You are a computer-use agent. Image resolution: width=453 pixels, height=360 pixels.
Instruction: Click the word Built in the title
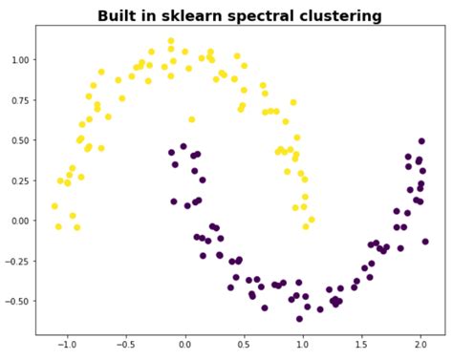[119, 16]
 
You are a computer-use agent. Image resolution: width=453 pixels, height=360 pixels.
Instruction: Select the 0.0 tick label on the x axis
[185, 347]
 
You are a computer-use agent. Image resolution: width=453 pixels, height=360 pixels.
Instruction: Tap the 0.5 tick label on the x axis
[244, 347]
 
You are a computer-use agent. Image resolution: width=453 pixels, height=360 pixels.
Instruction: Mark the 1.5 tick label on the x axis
[362, 347]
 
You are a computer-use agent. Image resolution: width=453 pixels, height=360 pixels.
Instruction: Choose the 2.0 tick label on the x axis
[421, 347]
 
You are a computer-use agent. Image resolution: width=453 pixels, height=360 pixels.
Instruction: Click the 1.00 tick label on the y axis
[18, 59]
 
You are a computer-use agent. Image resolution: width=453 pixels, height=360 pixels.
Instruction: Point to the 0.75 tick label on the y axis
[18, 99]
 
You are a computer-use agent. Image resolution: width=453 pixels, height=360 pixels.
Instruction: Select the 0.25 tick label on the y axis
[18, 180]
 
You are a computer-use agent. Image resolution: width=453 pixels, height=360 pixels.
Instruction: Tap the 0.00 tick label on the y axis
[18, 220]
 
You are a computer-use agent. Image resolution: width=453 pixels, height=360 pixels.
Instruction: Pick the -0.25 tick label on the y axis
[16, 260]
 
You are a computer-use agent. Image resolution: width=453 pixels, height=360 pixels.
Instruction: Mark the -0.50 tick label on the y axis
[16, 300]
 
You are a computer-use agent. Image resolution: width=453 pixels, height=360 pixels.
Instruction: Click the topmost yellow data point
[171, 42]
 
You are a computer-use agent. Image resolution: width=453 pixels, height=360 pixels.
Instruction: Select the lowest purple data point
[299, 319]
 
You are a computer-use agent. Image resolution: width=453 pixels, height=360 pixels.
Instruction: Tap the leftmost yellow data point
[54, 205]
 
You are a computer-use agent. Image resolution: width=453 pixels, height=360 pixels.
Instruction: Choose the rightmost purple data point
[425, 242]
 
